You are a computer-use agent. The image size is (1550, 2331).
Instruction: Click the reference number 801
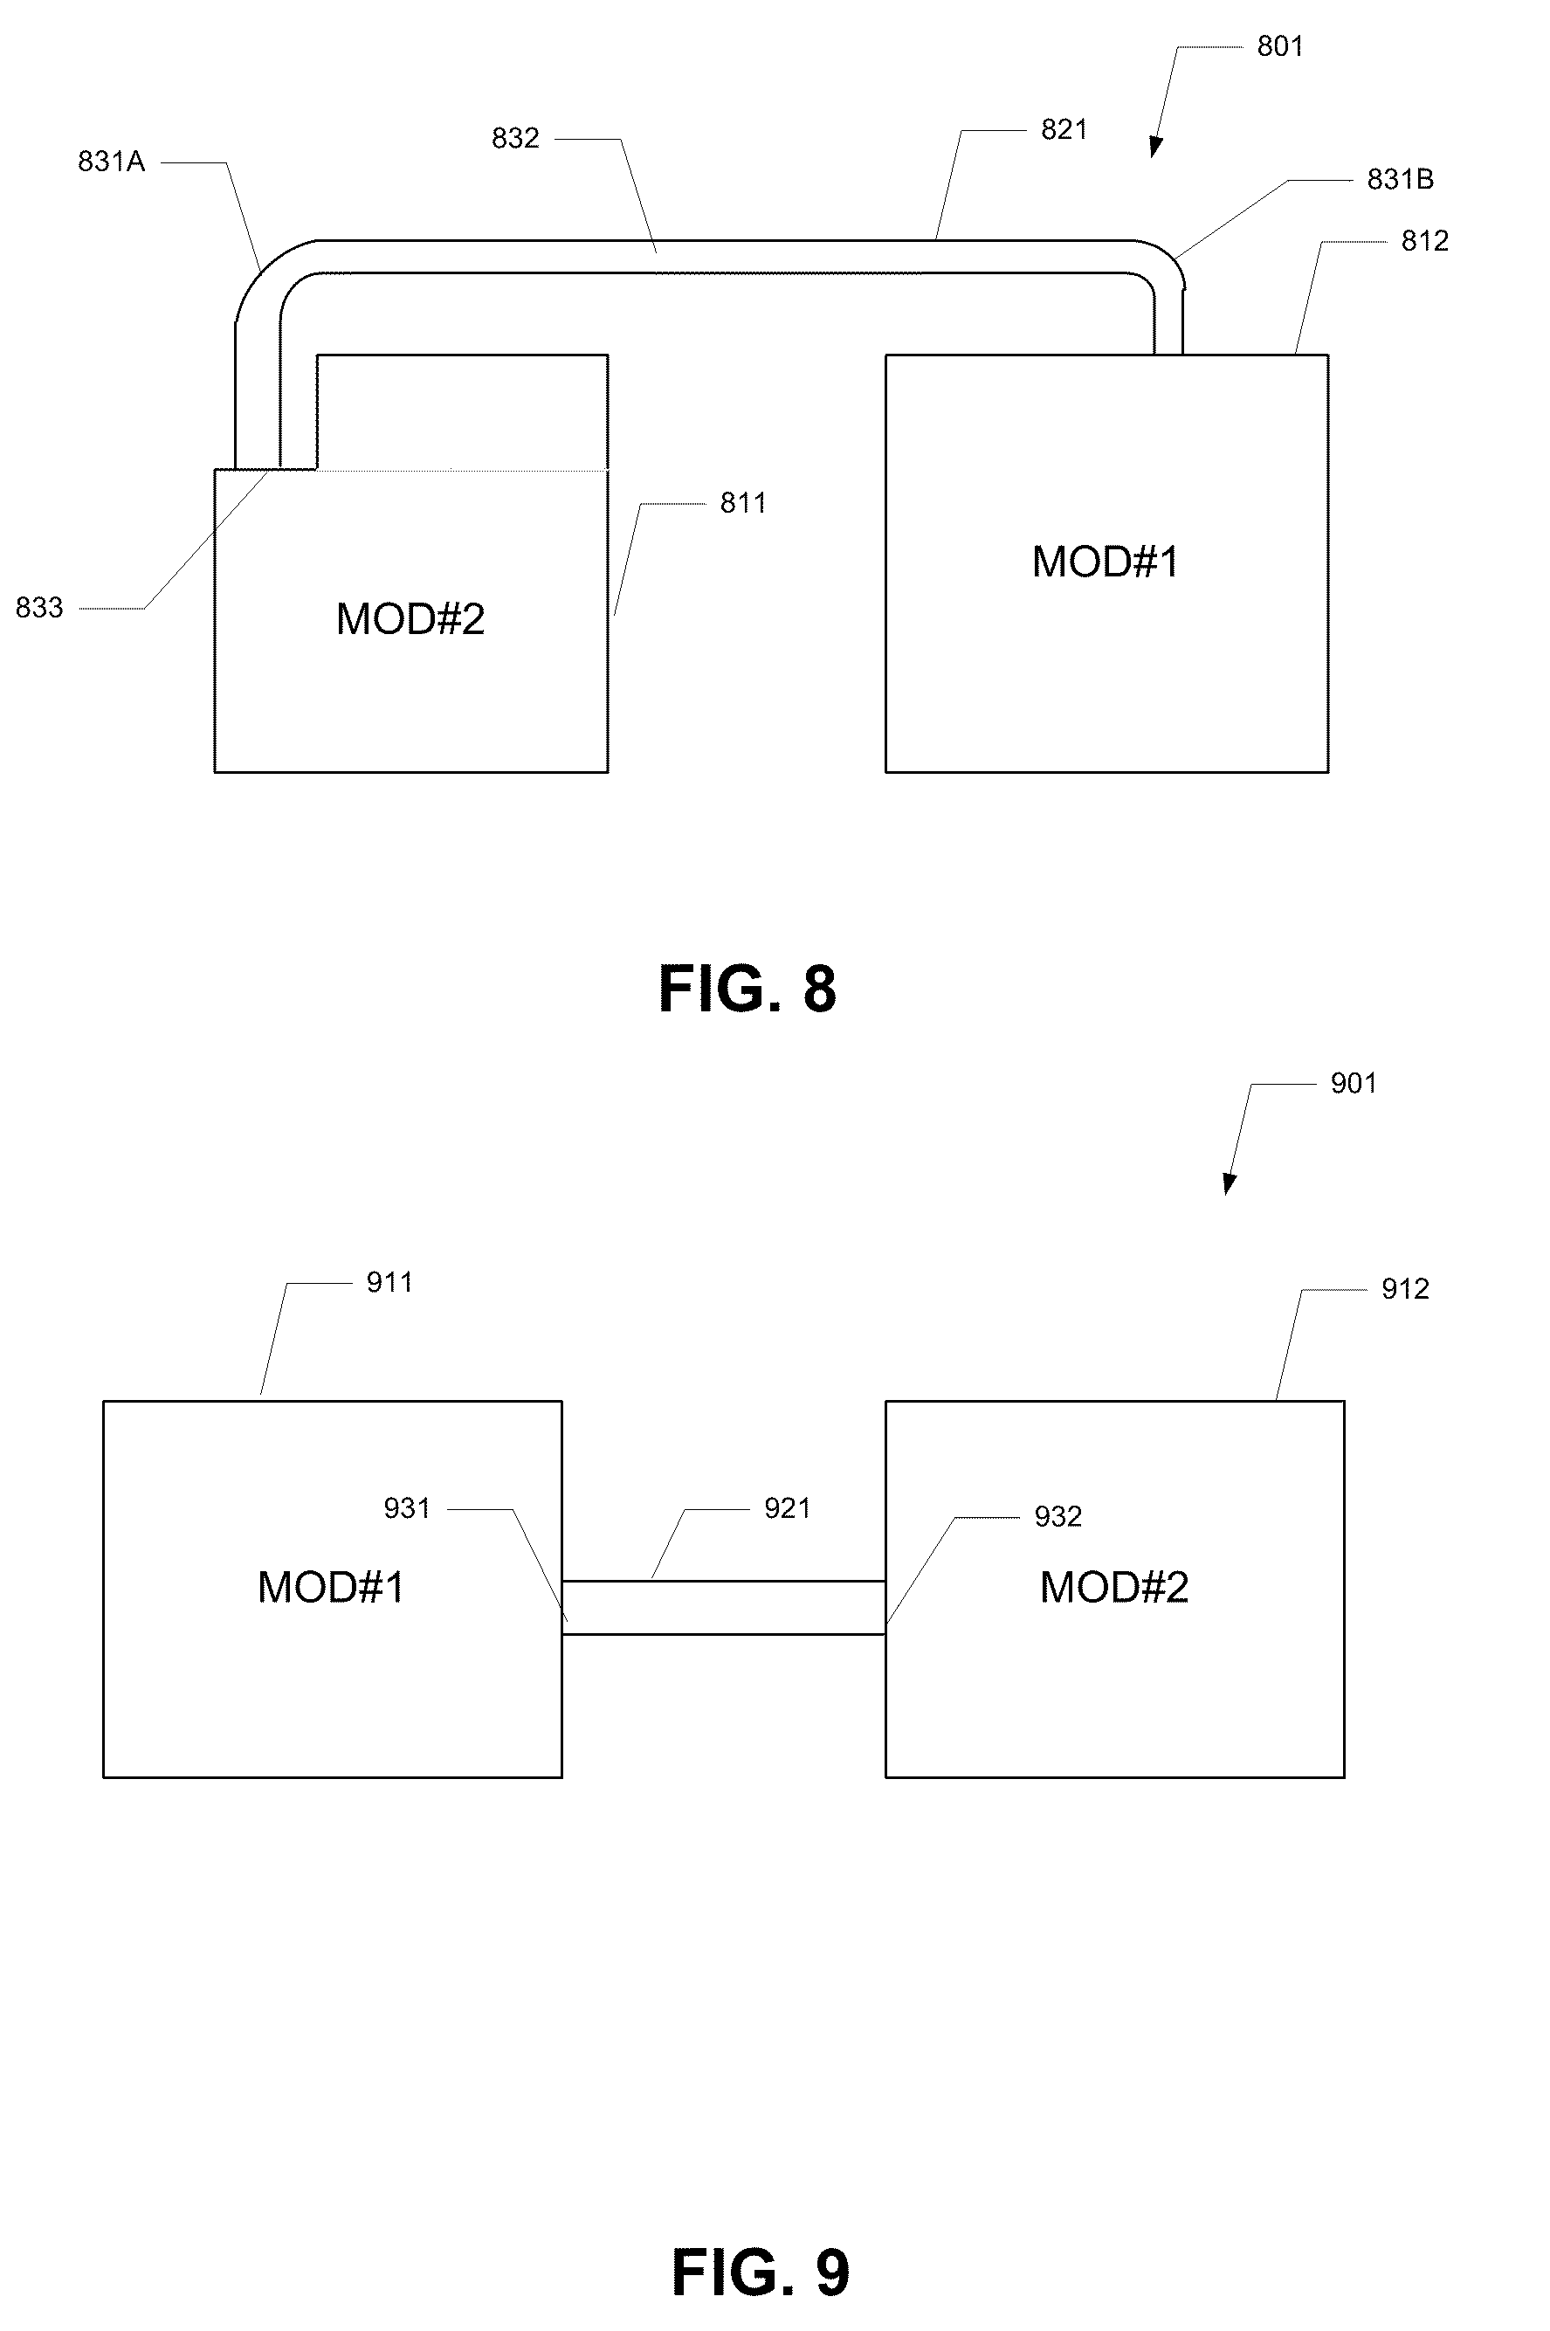click(1279, 46)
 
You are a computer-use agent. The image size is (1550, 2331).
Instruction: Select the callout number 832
click(515, 138)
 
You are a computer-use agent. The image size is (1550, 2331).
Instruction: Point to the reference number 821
click(1064, 129)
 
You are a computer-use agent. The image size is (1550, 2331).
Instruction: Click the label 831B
click(1400, 179)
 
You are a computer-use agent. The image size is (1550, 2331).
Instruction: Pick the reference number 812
click(1424, 241)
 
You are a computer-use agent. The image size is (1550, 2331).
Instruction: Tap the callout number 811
click(743, 503)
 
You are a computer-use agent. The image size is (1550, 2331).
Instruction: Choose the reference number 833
click(39, 608)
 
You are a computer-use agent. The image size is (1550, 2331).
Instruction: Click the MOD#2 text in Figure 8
click(410, 619)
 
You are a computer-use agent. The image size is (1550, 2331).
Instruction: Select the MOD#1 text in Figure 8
click(1106, 562)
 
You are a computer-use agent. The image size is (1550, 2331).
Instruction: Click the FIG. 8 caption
click(747, 989)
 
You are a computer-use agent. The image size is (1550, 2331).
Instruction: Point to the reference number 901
click(1354, 1084)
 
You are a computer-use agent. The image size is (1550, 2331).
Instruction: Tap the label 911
click(389, 1282)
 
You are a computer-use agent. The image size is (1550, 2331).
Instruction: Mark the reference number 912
click(1405, 1289)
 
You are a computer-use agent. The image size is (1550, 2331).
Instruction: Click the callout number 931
click(407, 1508)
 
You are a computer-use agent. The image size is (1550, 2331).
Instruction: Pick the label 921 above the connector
click(787, 1508)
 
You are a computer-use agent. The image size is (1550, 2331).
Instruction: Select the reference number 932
click(1057, 1516)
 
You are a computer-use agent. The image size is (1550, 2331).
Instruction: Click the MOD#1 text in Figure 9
click(331, 1588)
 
